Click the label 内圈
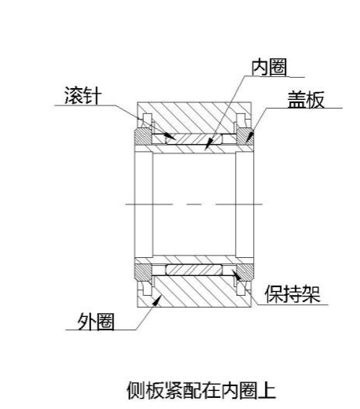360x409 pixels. pos(269,68)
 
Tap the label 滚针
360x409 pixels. pos(83,95)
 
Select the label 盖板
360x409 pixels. pos(306,100)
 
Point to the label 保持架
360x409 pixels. pos(292,294)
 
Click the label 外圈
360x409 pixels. pos(96,322)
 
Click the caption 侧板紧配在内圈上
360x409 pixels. pos(201,390)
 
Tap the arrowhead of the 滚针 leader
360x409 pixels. pos(171,137)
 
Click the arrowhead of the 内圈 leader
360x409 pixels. pos(208,144)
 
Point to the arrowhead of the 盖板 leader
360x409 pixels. pos(250,136)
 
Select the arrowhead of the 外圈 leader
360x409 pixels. pos(157,300)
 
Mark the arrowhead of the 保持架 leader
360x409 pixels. pos(237,275)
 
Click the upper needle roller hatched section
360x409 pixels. pos(194,139)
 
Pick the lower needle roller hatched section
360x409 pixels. pos(194,270)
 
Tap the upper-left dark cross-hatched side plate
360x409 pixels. pos(143,137)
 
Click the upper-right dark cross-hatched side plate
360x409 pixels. pos(245,137)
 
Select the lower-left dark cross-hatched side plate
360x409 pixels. pos(143,272)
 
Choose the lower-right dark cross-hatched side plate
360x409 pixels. pos(245,272)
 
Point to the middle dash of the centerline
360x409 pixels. pos(194,204)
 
